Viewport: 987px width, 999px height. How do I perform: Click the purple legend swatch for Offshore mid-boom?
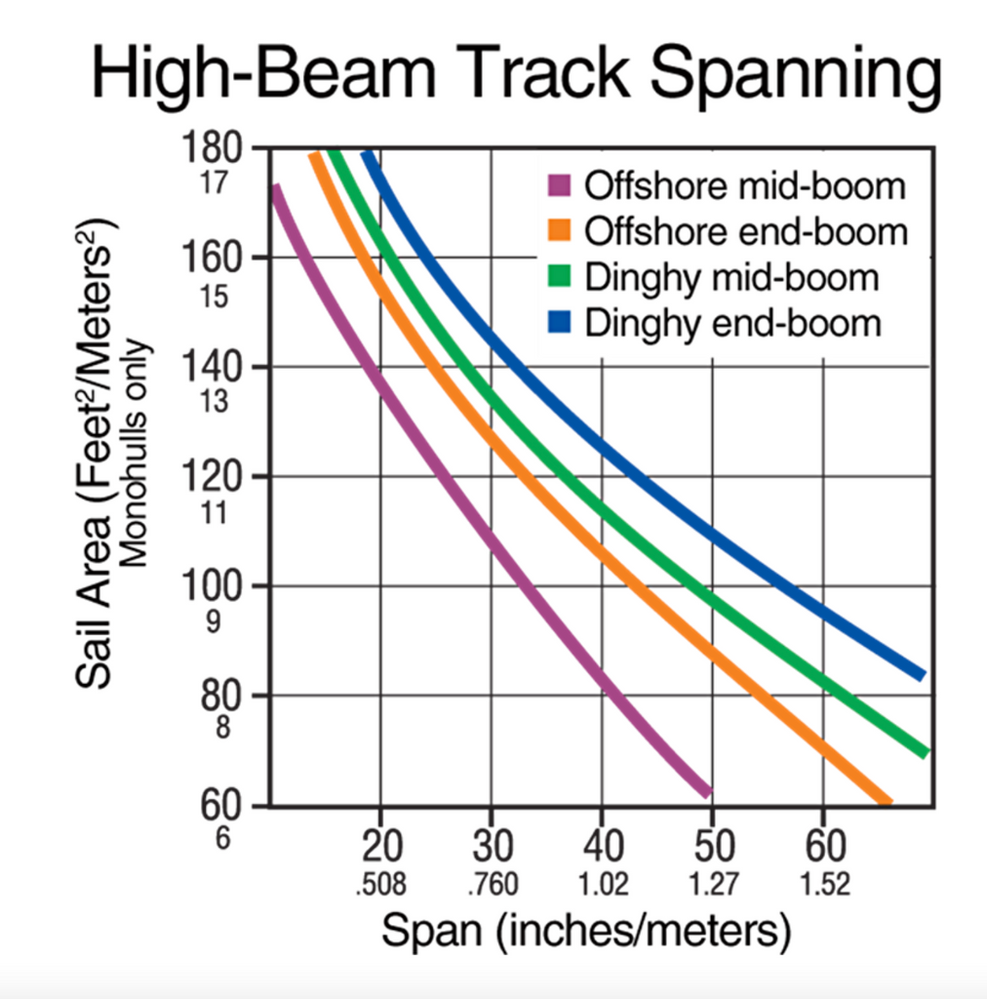[559, 185]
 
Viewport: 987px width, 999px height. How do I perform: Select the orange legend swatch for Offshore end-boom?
[559, 231]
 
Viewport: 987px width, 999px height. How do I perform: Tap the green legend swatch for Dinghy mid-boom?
[559, 277]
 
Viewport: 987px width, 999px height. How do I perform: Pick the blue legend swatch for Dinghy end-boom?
[559, 323]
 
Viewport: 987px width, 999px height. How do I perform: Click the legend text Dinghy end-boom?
[732, 323]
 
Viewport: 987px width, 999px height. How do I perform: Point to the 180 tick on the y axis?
[212, 148]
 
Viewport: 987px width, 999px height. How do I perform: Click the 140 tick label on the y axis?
[212, 368]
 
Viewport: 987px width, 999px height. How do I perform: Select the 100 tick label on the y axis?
[212, 586]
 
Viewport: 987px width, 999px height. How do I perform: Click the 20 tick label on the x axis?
[380, 844]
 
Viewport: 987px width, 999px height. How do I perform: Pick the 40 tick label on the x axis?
[602, 844]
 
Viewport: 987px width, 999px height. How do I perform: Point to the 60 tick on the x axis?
[824, 844]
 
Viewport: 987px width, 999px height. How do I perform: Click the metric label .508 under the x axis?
[380, 885]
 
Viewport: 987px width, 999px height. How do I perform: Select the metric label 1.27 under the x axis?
[713, 885]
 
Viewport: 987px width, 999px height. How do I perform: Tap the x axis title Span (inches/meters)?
[585, 932]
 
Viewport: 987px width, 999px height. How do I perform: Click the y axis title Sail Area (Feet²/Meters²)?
[99, 449]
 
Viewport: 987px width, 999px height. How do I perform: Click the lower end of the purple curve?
[706, 789]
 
